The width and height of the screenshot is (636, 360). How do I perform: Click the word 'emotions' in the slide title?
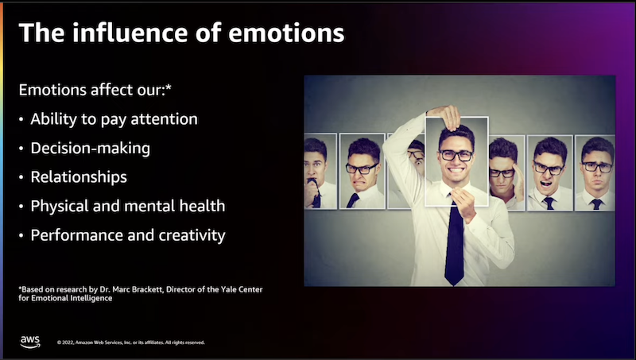[x=286, y=33]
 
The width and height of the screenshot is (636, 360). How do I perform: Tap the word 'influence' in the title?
[x=130, y=33]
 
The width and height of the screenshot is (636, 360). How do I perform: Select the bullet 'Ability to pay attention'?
[x=114, y=119]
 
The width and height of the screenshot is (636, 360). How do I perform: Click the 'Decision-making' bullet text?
[x=91, y=149]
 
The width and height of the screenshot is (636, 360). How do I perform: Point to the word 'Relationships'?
[x=79, y=177]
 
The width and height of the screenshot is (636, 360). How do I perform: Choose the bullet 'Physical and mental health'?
[x=128, y=206]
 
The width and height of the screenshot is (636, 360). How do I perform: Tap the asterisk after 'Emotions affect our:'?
[x=169, y=87]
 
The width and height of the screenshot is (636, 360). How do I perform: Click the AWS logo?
[x=30, y=342]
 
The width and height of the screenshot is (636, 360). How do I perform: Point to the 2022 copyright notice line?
[x=131, y=343]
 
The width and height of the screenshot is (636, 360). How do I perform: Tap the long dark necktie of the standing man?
[x=455, y=242]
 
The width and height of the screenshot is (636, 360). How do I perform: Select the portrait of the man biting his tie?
[x=320, y=171]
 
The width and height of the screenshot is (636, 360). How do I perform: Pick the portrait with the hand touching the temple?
[x=507, y=172]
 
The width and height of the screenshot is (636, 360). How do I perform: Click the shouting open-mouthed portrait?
[x=549, y=173]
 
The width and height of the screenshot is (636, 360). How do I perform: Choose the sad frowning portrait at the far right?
[x=595, y=173]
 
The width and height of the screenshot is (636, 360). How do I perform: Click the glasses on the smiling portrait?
[x=456, y=155]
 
